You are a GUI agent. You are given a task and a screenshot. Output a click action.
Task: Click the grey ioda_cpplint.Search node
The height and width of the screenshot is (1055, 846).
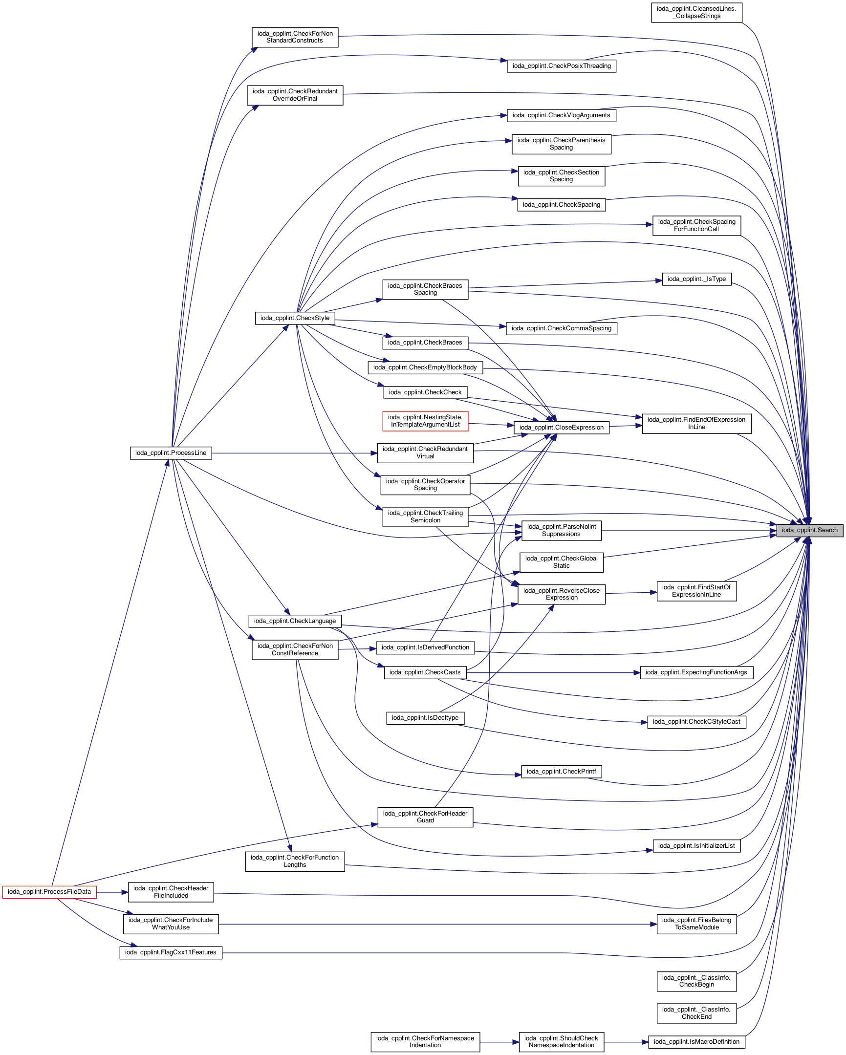click(x=809, y=530)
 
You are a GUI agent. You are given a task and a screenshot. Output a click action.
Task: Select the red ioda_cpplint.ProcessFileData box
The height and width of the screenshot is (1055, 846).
click(x=49, y=892)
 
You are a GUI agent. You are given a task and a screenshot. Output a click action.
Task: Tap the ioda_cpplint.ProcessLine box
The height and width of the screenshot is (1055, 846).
click(x=171, y=452)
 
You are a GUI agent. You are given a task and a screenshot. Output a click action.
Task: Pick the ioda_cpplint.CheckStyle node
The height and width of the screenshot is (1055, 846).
click(x=295, y=318)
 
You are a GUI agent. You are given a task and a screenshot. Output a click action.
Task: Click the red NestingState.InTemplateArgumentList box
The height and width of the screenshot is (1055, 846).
click(x=425, y=421)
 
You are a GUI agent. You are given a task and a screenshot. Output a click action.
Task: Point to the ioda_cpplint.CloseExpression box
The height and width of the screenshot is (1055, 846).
click(x=561, y=427)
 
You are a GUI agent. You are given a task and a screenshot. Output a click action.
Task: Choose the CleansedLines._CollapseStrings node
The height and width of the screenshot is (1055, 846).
click(x=696, y=12)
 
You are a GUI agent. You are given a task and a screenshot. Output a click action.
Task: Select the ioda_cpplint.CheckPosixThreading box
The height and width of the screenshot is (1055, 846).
click(x=561, y=65)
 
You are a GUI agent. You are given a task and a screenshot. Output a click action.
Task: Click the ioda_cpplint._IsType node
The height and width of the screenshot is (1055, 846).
click(x=696, y=279)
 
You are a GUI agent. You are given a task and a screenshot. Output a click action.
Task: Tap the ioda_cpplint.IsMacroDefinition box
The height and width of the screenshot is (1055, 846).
click(x=696, y=1041)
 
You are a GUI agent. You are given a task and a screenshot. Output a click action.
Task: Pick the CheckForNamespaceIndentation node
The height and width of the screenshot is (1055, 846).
click(x=425, y=1041)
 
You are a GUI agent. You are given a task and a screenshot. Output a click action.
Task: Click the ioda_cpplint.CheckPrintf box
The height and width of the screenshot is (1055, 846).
click(x=561, y=771)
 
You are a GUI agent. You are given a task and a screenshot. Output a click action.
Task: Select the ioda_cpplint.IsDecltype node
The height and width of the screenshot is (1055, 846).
click(x=425, y=718)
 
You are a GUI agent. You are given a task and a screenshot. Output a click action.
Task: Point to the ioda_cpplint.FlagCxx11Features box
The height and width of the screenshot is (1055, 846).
click(x=171, y=952)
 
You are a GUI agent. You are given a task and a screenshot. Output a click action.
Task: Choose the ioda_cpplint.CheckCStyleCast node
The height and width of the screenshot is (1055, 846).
click(x=696, y=722)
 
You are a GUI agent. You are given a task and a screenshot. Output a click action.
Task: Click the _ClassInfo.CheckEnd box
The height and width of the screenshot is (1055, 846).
click(x=696, y=1013)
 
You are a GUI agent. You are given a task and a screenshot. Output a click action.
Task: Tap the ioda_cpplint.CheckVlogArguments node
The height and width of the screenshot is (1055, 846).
click(x=561, y=115)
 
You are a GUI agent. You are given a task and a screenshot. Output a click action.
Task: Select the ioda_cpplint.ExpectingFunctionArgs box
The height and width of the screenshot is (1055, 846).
click(x=696, y=672)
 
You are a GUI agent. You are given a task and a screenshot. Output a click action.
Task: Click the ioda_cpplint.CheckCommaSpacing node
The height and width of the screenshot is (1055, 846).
click(x=561, y=328)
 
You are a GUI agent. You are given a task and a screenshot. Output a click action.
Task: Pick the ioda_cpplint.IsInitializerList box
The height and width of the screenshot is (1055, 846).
click(x=696, y=845)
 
